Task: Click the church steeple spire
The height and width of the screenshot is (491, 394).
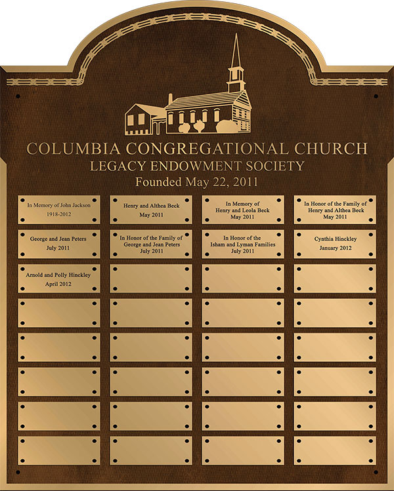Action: coord(235,52)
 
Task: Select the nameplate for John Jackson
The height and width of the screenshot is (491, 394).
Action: coord(59,209)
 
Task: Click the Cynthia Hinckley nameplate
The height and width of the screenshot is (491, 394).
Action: coord(335,243)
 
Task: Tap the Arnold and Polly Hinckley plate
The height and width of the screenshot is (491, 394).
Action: coord(59,279)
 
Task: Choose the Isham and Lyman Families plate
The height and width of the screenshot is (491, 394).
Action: coord(243,243)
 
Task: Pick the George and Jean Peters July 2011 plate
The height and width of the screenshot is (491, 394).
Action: coord(59,243)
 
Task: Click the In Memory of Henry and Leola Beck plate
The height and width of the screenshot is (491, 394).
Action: coord(243,209)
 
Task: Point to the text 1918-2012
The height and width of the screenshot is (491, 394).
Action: coord(59,214)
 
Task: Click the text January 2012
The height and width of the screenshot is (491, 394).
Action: coord(335,248)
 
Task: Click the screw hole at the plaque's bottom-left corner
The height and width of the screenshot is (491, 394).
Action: coord(18,471)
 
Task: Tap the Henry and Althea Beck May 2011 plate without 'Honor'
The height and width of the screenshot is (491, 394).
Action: coord(151,209)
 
